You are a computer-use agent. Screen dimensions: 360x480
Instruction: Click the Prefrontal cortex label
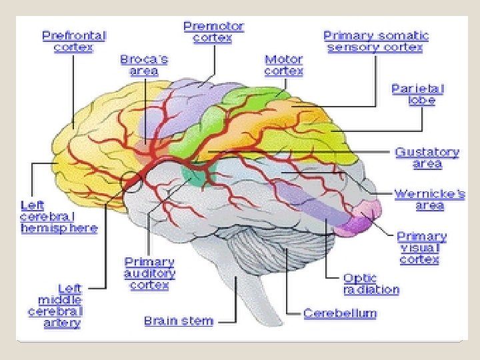[74, 41]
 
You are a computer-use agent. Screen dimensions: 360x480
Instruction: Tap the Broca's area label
[144, 65]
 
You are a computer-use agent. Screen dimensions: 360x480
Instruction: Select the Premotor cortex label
[213, 32]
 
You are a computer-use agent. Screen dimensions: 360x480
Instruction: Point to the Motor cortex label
[283, 65]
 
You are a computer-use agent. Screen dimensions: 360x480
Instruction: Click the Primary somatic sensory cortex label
[375, 41]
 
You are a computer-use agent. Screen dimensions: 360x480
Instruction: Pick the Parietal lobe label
[417, 94]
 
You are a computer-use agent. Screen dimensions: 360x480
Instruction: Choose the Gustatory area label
[427, 157]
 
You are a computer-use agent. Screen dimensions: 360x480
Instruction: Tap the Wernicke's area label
[429, 199]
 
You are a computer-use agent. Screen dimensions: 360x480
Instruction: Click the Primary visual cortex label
[421, 247]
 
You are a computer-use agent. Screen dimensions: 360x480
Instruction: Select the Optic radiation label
[371, 283]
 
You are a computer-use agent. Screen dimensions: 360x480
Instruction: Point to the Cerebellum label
[339, 313]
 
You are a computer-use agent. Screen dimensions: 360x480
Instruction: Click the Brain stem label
[179, 321]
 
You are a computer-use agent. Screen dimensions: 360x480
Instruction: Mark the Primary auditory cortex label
[149, 273]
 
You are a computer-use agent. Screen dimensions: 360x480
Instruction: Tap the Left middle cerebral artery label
[55, 305]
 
